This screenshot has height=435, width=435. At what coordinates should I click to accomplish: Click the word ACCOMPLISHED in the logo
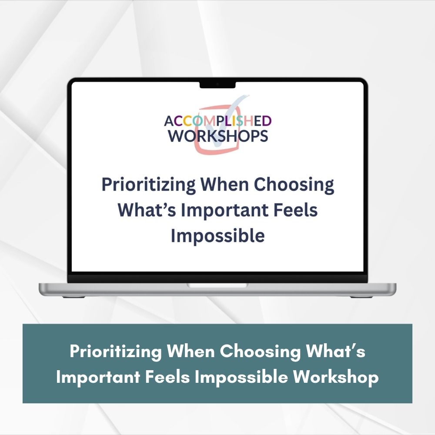click(218, 121)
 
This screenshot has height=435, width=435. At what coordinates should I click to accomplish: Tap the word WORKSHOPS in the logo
click(218, 136)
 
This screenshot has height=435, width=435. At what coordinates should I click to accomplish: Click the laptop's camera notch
click(217, 85)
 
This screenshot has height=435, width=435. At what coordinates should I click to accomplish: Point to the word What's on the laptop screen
click(147, 210)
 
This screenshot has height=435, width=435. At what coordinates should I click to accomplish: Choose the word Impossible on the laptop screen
click(218, 235)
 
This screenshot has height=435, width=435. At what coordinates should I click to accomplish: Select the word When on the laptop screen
click(225, 184)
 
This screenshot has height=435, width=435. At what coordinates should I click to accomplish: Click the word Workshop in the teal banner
click(336, 377)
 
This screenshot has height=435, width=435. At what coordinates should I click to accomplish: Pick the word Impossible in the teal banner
click(241, 377)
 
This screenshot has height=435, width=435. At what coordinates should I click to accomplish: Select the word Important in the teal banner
click(98, 377)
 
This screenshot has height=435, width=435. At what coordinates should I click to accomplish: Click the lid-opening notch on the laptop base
click(217, 285)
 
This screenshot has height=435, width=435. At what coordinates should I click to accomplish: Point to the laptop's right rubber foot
click(361, 297)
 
